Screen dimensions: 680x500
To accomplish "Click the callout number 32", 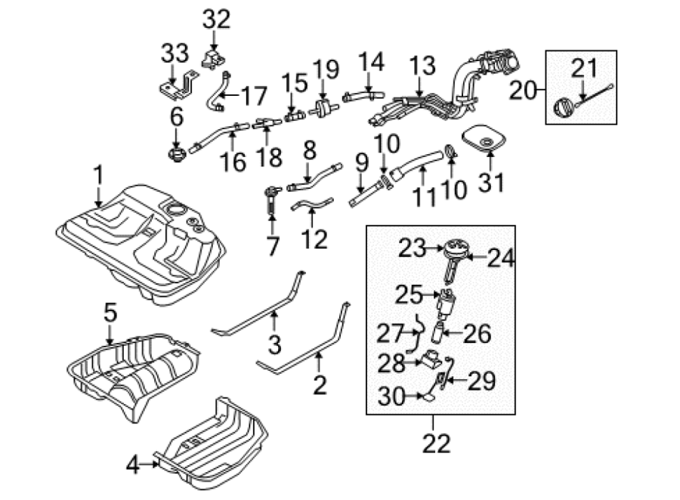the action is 216,20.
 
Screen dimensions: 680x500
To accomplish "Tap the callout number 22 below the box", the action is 437,443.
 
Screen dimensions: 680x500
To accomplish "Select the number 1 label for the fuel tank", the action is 99,175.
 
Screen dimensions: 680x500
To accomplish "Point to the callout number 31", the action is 491,182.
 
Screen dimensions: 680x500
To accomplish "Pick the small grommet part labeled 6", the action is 177,154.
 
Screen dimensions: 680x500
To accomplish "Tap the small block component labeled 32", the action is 215,59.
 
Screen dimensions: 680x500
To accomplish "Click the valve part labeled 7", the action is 271,199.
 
